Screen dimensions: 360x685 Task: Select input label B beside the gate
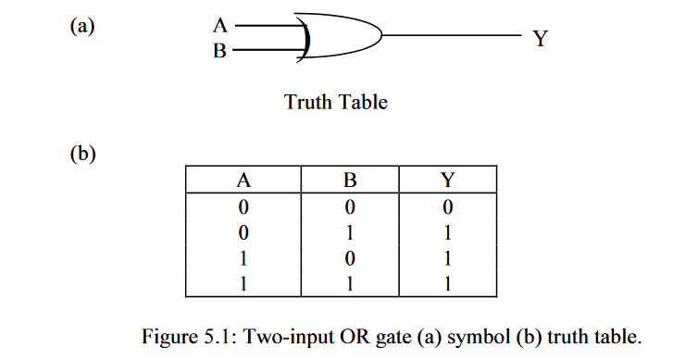click(219, 50)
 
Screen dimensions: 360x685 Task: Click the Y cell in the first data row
click(446, 205)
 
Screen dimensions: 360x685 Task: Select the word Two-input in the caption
click(320, 332)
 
